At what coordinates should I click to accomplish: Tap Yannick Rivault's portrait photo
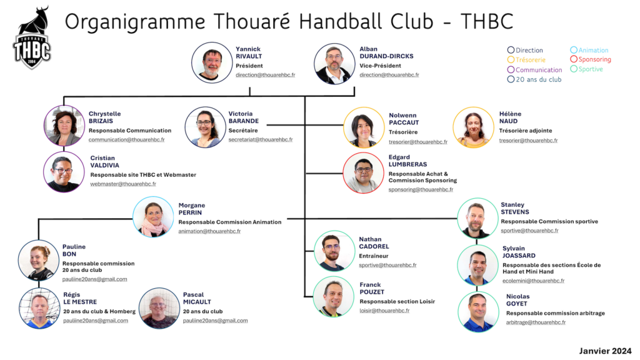click(x=212, y=63)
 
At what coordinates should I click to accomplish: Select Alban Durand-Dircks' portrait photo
click(x=334, y=64)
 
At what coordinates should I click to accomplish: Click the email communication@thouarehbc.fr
click(x=126, y=139)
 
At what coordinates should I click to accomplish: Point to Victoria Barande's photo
click(x=205, y=127)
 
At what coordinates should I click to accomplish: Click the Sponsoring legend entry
click(x=591, y=59)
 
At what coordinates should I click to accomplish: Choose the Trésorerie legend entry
click(x=526, y=60)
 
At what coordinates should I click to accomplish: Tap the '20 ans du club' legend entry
click(x=534, y=79)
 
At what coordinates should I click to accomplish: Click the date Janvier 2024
click(x=605, y=351)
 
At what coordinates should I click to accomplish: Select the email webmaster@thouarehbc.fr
click(x=123, y=184)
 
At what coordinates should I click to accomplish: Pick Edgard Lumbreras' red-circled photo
click(x=363, y=172)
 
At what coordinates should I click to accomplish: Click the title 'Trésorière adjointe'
click(x=525, y=131)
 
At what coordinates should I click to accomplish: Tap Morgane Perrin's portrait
click(x=153, y=217)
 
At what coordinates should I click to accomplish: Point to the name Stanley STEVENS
click(x=515, y=208)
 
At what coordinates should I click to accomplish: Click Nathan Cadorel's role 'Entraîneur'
click(x=374, y=256)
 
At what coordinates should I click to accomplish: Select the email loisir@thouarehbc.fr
click(x=384, y=311)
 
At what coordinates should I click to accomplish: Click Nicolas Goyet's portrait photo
click(x=478, y=312)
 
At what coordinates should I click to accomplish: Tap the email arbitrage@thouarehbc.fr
click(x=536, y=322)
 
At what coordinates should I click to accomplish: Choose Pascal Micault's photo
click(x=159, y=308)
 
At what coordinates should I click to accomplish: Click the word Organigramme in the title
click(x=135, y=22)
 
